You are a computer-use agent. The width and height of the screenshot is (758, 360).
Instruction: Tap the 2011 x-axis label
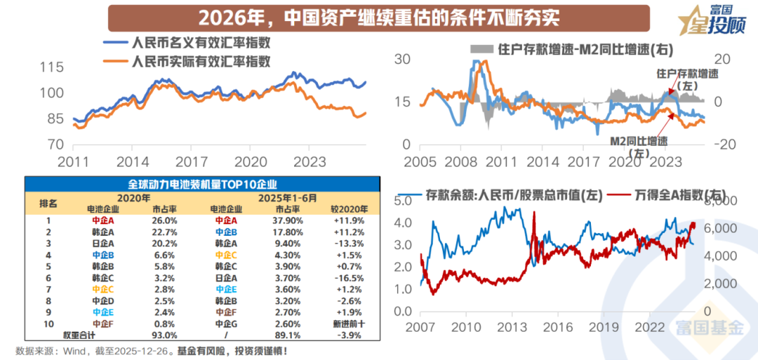(73, 161)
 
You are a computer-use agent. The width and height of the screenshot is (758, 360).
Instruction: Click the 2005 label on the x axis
(420, 161)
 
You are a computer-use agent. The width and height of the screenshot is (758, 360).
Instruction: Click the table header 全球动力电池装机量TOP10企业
(201, 184)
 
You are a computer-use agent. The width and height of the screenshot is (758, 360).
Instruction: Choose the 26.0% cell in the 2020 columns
(164, 220)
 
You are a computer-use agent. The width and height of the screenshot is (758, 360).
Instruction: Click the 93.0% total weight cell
(164, 335)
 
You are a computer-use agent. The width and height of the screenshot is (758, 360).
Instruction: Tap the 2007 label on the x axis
(420, 327)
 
